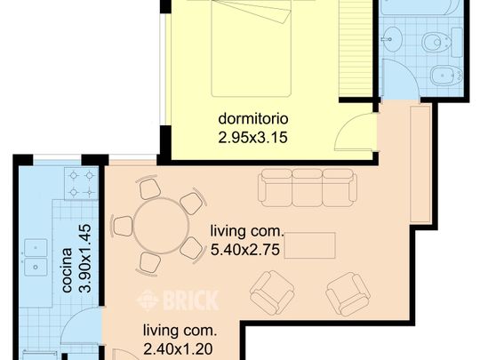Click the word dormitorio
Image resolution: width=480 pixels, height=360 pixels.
tap(253, 118)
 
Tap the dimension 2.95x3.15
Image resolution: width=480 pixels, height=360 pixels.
tap(252, 138)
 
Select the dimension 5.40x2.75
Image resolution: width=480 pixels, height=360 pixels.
tap(245, 250)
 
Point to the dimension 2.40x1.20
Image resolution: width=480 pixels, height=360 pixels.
tap(178, 349)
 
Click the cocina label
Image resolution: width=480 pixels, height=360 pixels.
tap(67, 270)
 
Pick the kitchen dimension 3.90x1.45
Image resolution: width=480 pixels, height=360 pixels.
tap(84, 259)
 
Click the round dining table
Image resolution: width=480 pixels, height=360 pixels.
tap(161, 226)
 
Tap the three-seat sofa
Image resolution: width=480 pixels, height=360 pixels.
tap(308, 188)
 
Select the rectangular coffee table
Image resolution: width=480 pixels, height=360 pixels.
tap(310, 245)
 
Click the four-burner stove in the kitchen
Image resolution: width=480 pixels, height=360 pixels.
tap(81, 184)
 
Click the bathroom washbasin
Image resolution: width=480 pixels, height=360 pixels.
tap(392, 39)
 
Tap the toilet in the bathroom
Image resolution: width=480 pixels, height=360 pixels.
tap(436, 42)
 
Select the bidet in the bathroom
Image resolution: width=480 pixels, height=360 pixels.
tap(446, 76)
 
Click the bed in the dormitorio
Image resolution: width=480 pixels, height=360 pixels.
tap(251, 48)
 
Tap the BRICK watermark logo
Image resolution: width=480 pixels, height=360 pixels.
tap(178, 300)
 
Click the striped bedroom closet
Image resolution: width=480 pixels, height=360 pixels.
tap(356, 48)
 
